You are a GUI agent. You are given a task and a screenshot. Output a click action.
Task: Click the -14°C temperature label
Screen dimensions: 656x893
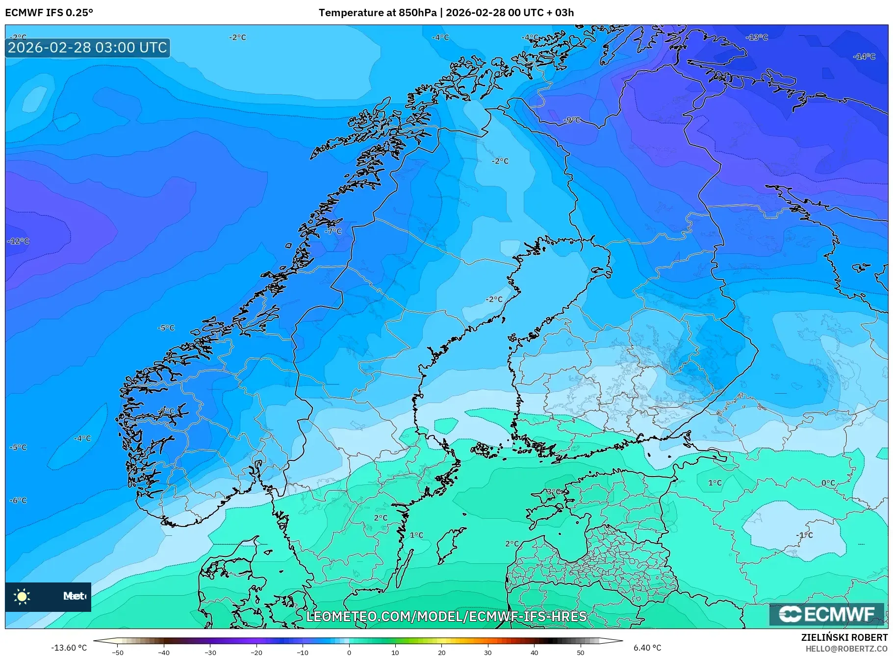point(864,57)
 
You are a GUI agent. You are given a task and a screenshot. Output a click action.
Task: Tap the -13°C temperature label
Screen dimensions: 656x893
point(757,38)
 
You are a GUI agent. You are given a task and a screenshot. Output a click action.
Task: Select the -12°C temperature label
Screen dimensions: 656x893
point(19,241)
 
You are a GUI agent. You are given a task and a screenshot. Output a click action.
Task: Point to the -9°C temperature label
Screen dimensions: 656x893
point(572,120)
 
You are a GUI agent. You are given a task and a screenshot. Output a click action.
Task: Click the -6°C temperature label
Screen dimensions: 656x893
point(18,501)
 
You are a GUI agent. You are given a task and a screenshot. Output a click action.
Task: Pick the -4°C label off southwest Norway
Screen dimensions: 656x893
point(82,438)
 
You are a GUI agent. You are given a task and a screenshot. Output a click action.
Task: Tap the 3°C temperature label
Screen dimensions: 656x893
point(553,491)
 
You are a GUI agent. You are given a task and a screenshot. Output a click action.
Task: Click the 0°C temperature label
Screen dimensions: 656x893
point(828,483)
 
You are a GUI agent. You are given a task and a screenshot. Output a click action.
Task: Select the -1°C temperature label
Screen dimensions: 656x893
point(805,535)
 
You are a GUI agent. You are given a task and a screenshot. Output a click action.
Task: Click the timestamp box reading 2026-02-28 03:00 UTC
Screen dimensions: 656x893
point(87,48)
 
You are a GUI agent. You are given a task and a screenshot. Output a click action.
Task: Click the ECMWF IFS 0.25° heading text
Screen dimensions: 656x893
point(49,12)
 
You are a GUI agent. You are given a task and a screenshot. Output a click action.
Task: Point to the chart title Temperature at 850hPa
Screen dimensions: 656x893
point(377,12)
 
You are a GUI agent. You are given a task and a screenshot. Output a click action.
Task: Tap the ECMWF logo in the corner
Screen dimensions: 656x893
point(826,614)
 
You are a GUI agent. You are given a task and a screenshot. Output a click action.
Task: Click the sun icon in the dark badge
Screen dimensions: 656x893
point(22,597)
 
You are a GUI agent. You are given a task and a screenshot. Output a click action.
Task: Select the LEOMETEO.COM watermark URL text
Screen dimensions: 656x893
point(446,616)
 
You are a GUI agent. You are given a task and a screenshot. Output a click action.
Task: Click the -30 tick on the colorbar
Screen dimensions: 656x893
point(210,652)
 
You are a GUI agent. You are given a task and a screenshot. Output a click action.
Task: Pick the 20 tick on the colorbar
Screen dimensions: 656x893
point(441,652)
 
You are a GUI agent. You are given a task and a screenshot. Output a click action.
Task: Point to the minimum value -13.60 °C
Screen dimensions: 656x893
point(69,648)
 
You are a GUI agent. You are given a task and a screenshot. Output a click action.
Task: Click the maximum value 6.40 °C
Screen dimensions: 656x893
point(647,648)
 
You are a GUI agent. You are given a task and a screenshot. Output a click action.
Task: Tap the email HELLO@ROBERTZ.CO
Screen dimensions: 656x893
point(846,649)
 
